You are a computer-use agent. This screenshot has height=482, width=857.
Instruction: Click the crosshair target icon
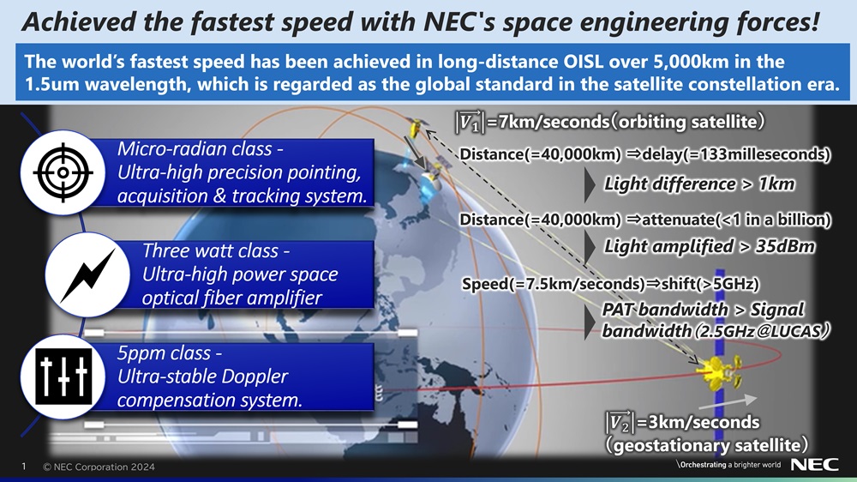[x=63, y=172]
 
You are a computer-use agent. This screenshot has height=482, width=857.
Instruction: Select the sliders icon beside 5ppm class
[x=64, y=377]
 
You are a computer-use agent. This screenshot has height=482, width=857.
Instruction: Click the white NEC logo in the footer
[x=814, y=465]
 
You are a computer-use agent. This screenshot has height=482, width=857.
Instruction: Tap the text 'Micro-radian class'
[x=195, y=149]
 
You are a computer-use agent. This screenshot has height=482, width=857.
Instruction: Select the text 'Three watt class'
[x=211, y=250]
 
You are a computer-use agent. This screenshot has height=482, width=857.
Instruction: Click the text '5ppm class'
[x=164, y=353]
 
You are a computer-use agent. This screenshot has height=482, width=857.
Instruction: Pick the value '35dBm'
[x=785, y=247]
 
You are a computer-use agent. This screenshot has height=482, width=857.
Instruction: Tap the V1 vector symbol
[x=470, y=121]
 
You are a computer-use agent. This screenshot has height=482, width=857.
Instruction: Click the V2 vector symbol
[x=620, y=422]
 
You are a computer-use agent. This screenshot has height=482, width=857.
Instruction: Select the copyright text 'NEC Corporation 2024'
[x=104, y=467]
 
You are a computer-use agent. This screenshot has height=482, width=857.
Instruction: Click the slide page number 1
[x=23, y=467]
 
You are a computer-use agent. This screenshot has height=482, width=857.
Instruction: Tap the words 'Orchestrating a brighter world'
[x=730, y=465]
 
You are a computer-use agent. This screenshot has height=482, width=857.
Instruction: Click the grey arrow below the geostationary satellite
[x=728, y=403]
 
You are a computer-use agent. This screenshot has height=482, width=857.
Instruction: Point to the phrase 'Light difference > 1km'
[x=699, y=184]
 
